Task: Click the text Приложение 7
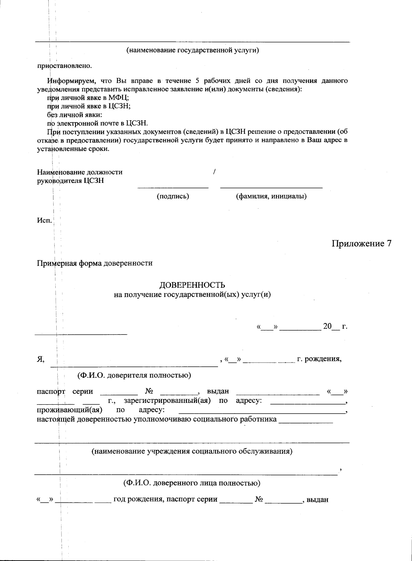pyautogui.click(x=361, y=243)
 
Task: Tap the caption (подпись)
pyautogui.click(x=173, y=196)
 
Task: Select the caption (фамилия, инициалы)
pyautogui.click(x=271, y=196)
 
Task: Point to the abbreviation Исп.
pyautogui.click(x=44, y=220)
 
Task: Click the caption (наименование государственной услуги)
pyautogui.click(x=192, y=50)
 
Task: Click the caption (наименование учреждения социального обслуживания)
pyautogui.click(x=192, y=451)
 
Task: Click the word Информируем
pyautogui.click(x=70, y=81)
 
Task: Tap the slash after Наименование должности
pyautogui.click(x=214, y=172)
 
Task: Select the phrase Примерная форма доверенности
pyautogui.click(x=95, y=263)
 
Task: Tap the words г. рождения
pyautogui.click(x=319, y=360)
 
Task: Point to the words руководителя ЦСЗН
pyautogui.click(x=70, y=180)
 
